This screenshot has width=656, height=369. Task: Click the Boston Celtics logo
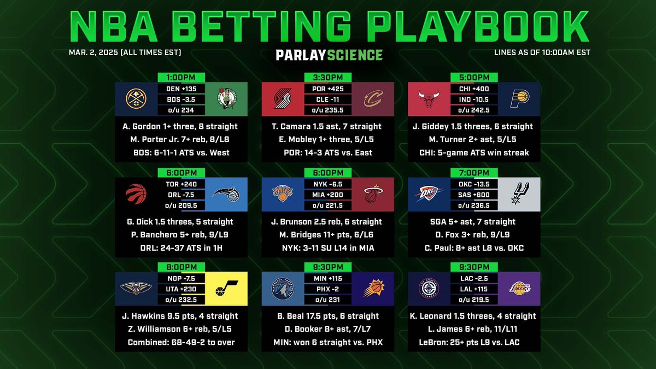[x=225, y=100]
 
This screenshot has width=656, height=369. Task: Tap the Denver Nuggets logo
[x=136, y=100]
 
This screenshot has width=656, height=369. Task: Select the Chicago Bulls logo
[x=429, y=100]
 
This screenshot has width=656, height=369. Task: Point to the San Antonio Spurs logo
[x=519, y=195]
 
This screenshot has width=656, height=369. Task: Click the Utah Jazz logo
[x=225, y=289]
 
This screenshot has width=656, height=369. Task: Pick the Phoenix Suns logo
[x=372, y=289]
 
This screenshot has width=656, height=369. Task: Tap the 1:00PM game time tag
[x=181, y=78]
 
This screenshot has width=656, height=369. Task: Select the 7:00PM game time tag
[x=474, y=172]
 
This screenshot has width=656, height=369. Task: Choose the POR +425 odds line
[x=327, y=89]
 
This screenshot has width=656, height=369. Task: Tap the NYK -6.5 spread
[x=327, y=184]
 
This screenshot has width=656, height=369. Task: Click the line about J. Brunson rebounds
[x=327, y=221]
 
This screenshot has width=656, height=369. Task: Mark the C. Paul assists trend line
[x=474, y=248]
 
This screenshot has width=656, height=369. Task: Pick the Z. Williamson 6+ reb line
[x=181, y=329]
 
